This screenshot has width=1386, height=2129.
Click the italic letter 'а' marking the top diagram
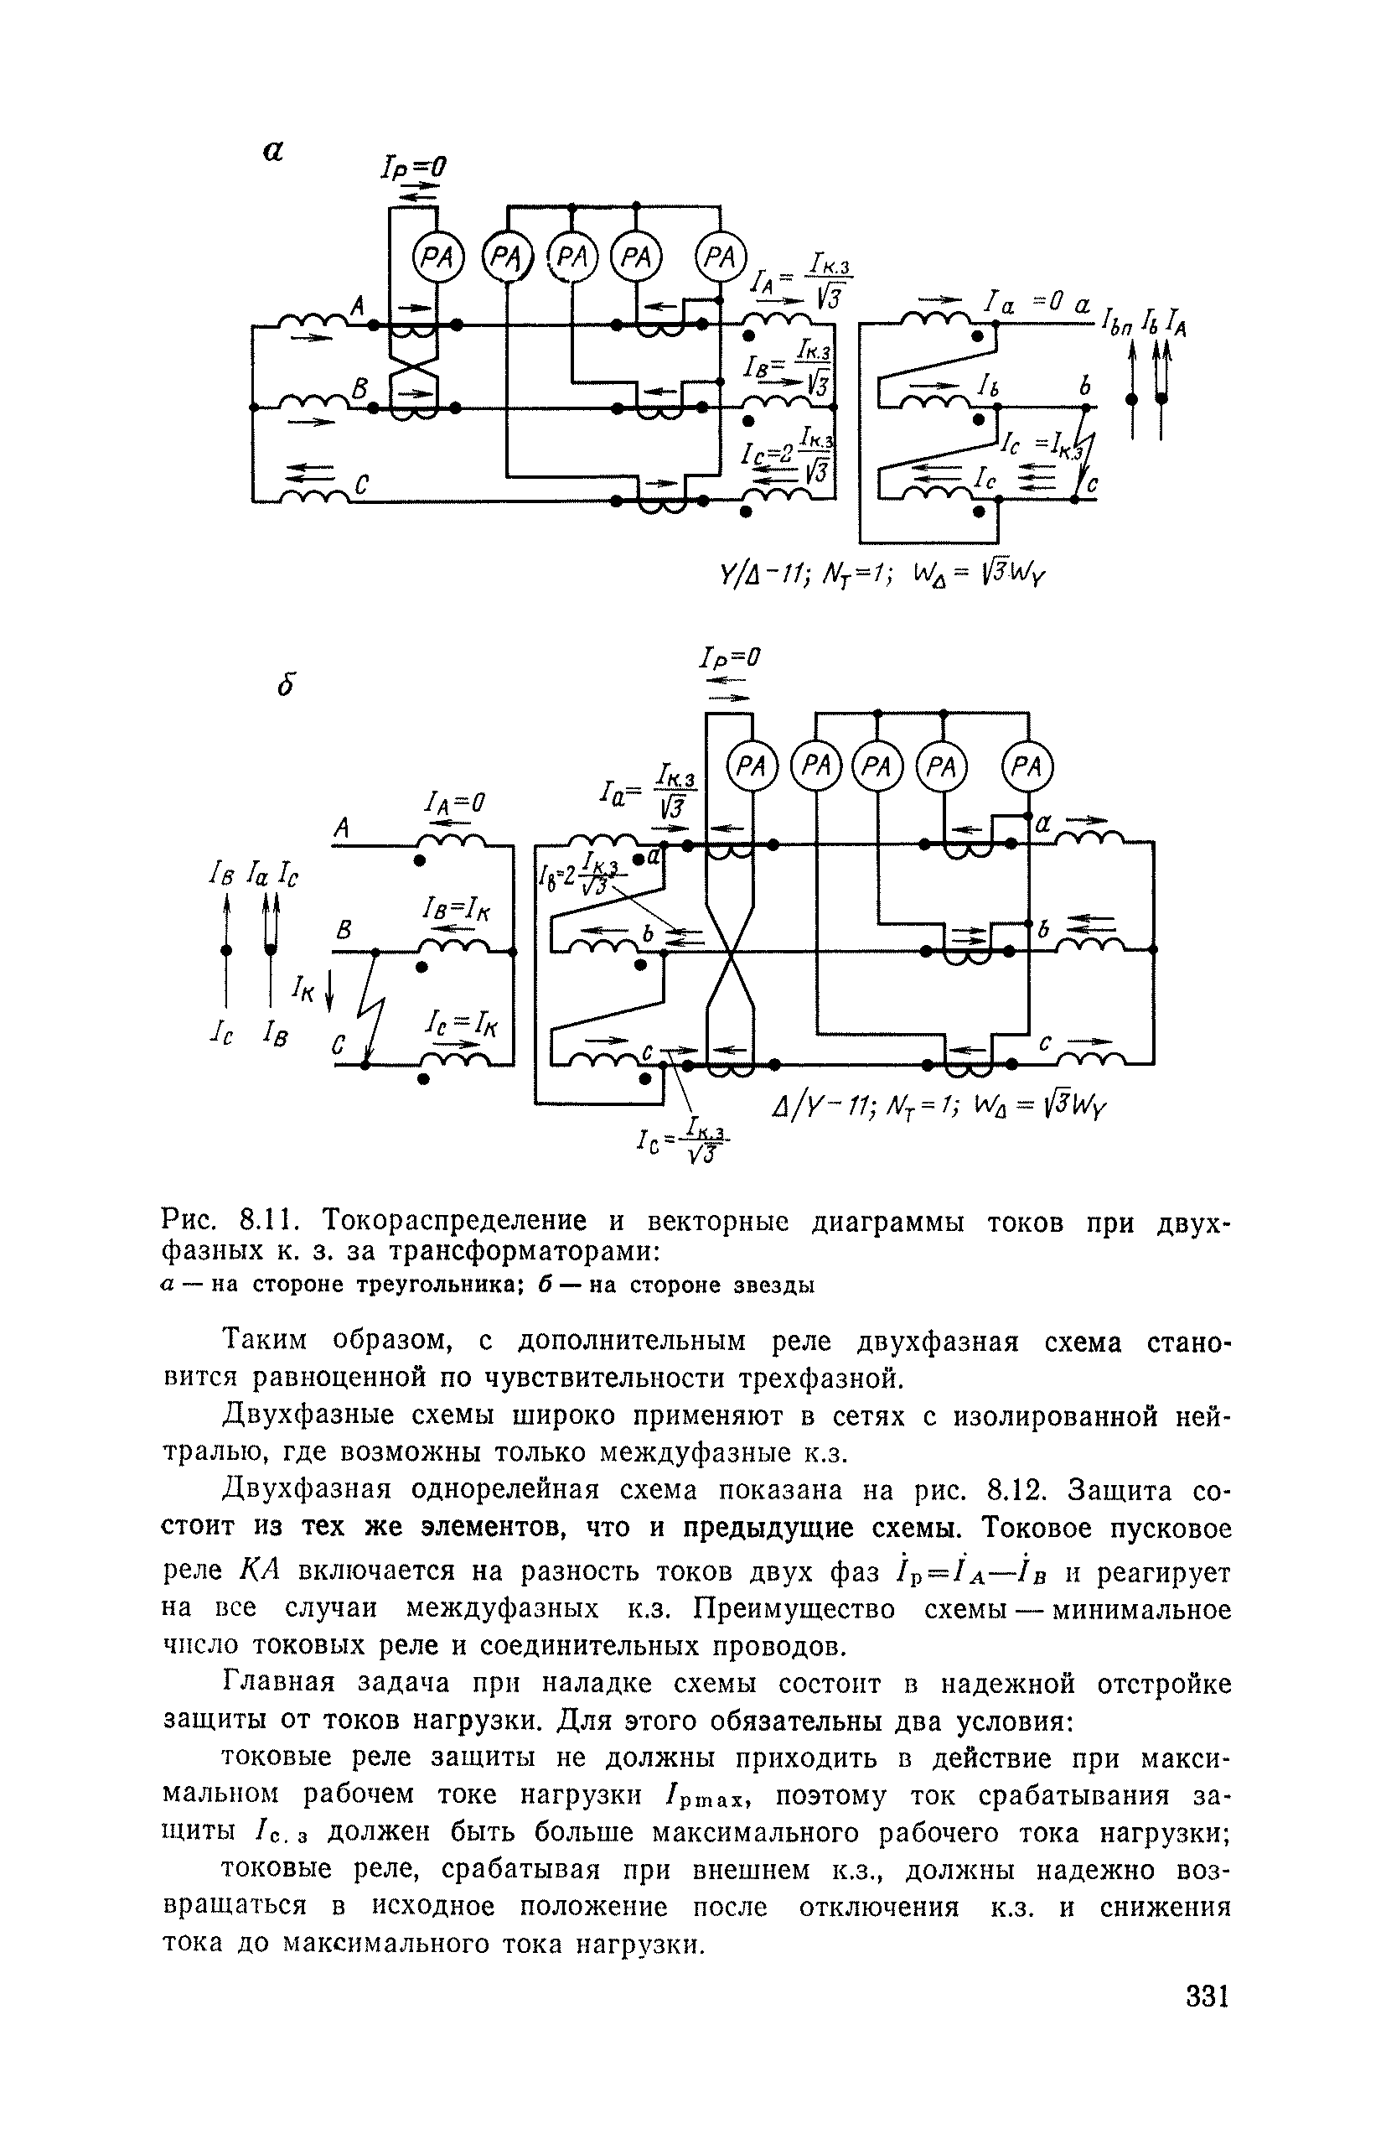click(x=272, y=152)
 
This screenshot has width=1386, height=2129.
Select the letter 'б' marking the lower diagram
click(x=285, y=684)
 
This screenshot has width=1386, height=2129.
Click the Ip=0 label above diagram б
click(x=730, y=658)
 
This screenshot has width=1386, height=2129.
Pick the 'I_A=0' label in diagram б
click(x=454, y=804)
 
